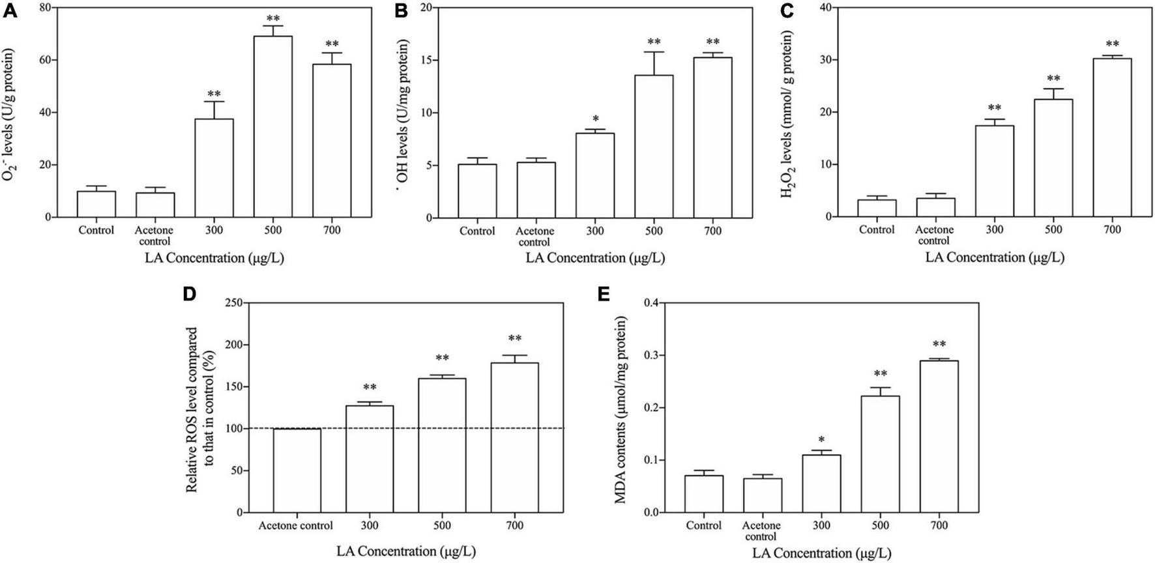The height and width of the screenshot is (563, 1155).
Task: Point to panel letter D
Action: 190,293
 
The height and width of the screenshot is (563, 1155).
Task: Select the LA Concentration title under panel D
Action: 405,551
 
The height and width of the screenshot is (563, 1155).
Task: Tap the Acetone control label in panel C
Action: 934,235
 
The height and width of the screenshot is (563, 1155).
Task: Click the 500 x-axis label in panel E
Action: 880,525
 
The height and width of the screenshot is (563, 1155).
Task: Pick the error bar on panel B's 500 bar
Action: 654,63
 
